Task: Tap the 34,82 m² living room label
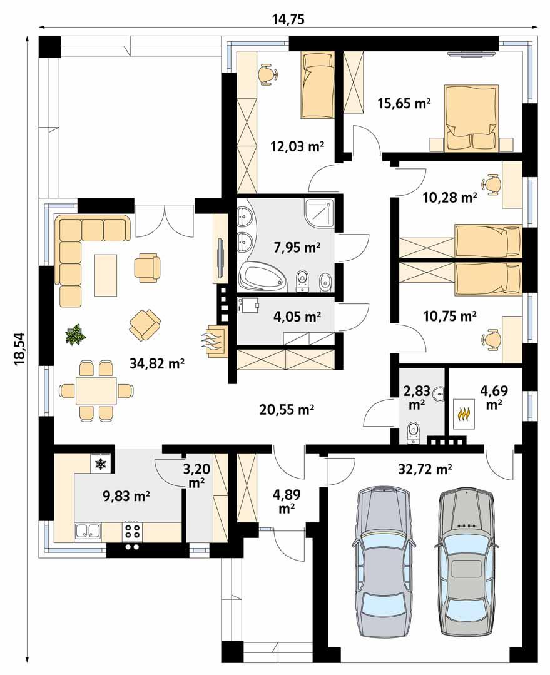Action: (156, 364)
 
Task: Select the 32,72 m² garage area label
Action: (425, 468)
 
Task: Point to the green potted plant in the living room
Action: (76, 335)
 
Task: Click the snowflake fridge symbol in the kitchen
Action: (100, 464)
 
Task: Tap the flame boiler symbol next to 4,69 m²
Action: (464, 414)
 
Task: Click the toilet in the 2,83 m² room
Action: (414, 432)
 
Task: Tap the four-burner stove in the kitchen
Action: (132, 531)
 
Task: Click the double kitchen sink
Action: (88, 531)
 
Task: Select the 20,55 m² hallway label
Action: (287, 410)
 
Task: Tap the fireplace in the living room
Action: (215, 342)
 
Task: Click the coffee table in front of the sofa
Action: (106, 275)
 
